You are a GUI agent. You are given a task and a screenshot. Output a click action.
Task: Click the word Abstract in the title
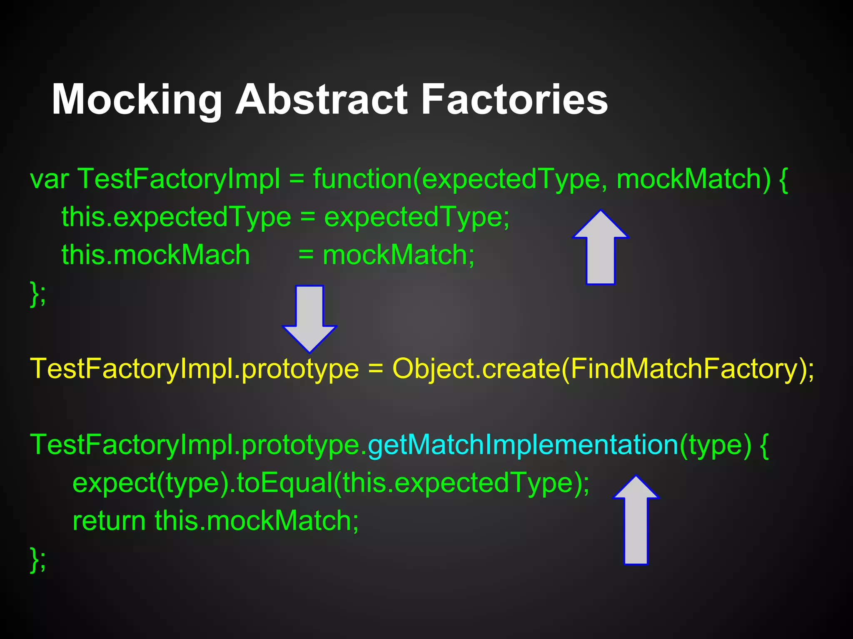[x=321, y=100]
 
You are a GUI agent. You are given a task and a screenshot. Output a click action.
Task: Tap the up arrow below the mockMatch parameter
[x=600, y=248]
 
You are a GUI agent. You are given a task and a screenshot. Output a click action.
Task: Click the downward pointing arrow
[x=309, y=318]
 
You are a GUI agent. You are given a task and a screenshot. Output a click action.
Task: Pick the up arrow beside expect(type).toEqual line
[x=636, y=520]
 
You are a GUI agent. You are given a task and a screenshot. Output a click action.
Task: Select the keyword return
[x=109, y=520]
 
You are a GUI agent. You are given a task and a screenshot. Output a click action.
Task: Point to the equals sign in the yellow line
[x=375, y=369]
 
